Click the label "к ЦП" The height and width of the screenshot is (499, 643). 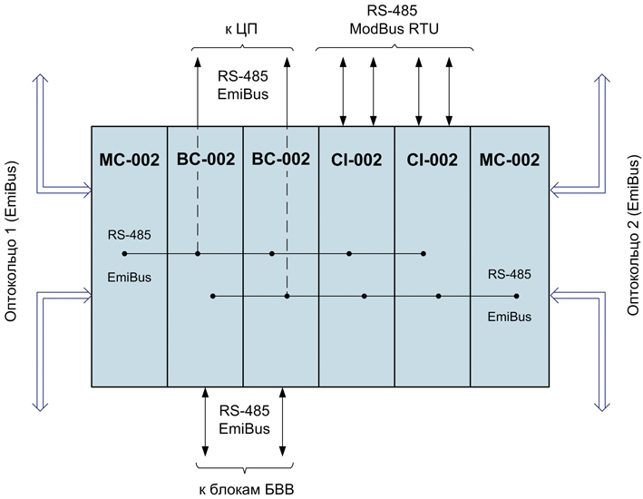pos(241,30)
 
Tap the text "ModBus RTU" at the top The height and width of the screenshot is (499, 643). pos(395,29)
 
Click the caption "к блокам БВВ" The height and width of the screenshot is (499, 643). pos(247,490)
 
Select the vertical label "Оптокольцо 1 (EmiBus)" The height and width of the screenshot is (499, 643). pos(12,241)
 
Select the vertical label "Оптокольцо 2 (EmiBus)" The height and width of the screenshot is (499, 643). pos(634,236)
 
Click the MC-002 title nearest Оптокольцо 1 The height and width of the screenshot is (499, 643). pos(129,160)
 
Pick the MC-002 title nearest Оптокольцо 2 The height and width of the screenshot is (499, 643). pos(510,160)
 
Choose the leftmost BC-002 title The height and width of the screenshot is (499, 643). pos(206,159)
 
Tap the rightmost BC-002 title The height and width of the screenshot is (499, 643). pos(281,159)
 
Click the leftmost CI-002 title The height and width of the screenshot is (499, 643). pos(356,160)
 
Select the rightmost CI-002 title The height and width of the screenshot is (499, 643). pos(432,160)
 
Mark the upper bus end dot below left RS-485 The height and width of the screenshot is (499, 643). pos(124,254)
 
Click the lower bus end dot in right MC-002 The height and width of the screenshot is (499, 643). pos(516,296)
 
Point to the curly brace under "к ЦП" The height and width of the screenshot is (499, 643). pos(242,48)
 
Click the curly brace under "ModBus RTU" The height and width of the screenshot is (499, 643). pos(395,48)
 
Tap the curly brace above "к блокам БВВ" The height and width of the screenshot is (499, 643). pos(245,467)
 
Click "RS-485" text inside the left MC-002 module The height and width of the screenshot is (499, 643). pos(129,235)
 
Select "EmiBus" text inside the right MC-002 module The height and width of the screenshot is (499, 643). pos(510,317)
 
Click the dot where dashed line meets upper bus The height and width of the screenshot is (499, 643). pos(198,254)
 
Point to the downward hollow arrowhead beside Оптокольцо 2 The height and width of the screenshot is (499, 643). pos(601,406)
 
